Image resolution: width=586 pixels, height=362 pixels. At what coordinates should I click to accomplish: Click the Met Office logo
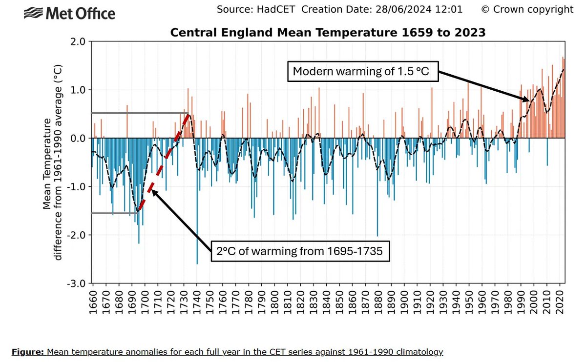pos(69,13)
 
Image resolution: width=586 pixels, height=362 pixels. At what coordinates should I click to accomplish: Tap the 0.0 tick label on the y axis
pos(79,139)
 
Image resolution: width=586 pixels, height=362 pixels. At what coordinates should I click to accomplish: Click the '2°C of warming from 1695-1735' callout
pos(300,252)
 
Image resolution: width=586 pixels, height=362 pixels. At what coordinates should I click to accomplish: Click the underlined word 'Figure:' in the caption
pos(27,351)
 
